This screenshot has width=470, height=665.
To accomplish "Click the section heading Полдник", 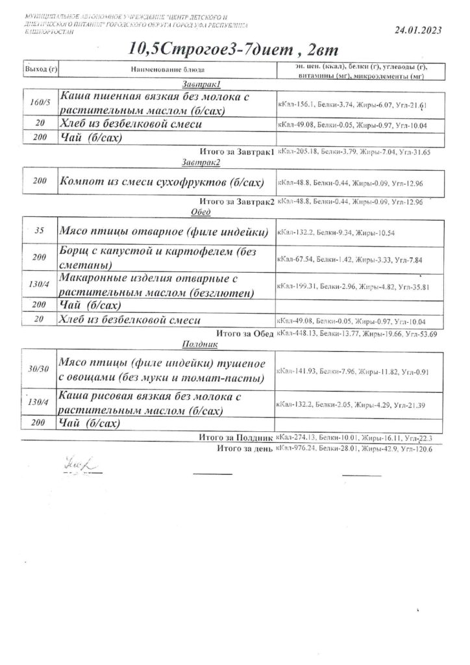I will (x=199, y=345).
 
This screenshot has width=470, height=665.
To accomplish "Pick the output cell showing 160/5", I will (x=40, y=103).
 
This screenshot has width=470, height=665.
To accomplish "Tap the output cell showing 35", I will (x=40, y=231).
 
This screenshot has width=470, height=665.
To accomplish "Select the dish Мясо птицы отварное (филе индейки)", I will (x=164, y=231).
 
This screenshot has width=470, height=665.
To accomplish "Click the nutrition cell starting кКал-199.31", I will (x=354, y=286).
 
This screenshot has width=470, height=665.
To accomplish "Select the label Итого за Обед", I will (x=245, y=332).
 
